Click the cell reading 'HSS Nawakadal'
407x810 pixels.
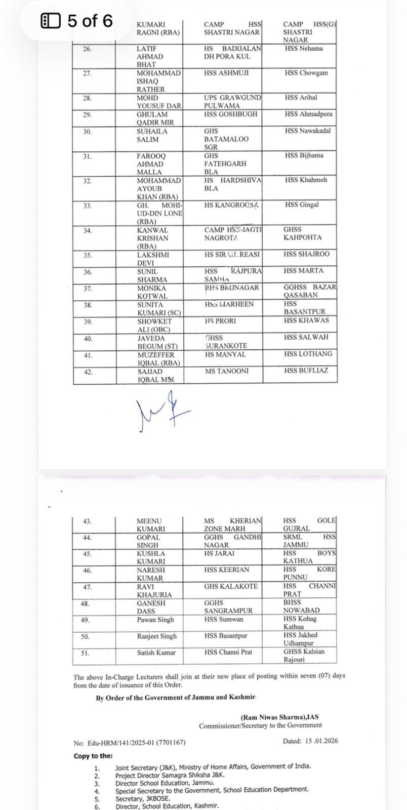[x=308, y=131]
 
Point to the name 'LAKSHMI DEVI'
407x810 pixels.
[x=151, y=258]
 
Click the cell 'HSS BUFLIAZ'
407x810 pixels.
[x=306, y=371]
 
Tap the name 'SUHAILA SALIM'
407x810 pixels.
[x=151, y=135]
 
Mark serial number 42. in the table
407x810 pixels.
[x=88, y=371]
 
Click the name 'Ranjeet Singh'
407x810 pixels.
[x=155, y=636]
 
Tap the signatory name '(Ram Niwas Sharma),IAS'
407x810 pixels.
[x=279, y=717]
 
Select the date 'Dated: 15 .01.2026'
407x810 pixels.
[x=310, y=741]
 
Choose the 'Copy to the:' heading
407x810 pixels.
[x=93, y=756]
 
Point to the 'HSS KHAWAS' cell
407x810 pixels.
[x=306, y=320]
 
